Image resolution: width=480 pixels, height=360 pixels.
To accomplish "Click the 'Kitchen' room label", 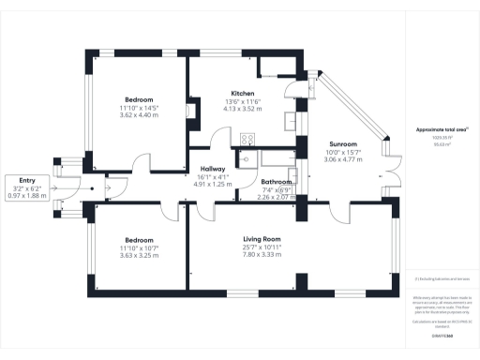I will [245, 93].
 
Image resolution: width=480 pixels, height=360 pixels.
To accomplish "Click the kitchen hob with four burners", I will [248, 140].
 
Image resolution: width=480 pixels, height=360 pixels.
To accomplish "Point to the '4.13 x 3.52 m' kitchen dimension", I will [245, 110].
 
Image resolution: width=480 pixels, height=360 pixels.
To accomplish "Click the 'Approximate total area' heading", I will [438, 130].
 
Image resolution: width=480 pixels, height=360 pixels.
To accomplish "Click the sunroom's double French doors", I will [393, 178].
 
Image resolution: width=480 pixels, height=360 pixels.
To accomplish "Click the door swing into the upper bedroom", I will [138, 166].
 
